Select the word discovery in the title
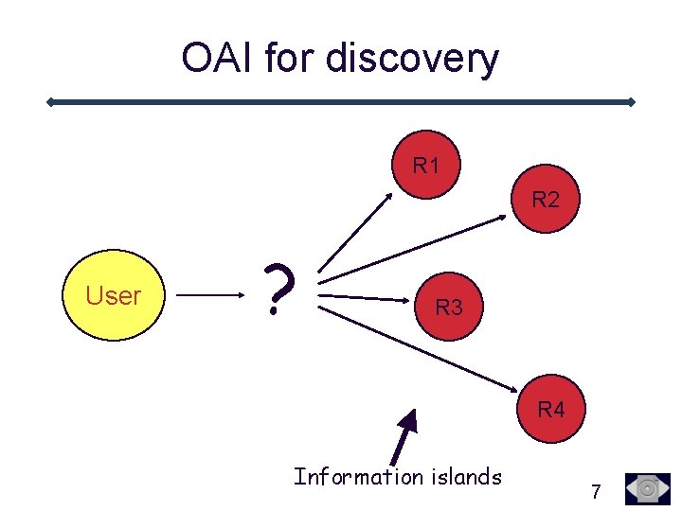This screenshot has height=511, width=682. point(411,60)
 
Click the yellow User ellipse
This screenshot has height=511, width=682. point(114,295)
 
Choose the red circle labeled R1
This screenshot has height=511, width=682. point(427,166)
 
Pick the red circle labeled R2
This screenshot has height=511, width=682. point(546,200)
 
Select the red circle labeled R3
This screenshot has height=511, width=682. point(449,307)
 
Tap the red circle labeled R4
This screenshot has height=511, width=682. point(551,410)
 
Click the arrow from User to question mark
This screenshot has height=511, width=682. point(210,295)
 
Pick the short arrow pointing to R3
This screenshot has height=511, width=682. point(365,297)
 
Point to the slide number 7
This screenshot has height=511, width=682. point(595,491)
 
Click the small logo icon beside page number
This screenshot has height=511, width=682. point(648,488)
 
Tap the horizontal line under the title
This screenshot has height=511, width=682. point(341,101)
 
